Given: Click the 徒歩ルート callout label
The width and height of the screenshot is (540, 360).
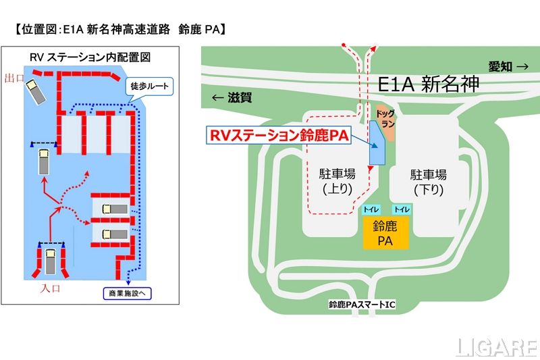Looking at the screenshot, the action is (149, 86).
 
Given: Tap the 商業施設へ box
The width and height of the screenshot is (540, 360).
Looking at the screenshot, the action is (128, 294).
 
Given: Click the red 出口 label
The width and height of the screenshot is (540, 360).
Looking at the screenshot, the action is (14, 78).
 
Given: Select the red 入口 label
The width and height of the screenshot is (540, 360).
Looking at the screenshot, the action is (50, 288).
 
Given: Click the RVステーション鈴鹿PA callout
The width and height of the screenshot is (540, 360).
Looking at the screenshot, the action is (278, 135).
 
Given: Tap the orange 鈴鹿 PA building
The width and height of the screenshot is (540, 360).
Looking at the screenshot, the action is (385, 232).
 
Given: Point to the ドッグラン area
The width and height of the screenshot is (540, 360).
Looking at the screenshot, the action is (385, 122).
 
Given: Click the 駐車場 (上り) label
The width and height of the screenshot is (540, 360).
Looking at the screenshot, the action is (337, 181).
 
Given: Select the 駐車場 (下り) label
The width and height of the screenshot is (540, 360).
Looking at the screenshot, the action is (429, 182).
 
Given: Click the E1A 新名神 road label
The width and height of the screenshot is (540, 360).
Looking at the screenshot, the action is (428, 84).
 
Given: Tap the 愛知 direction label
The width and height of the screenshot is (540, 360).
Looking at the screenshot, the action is (508, 66).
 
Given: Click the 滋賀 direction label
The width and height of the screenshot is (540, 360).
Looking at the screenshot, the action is (232, 97).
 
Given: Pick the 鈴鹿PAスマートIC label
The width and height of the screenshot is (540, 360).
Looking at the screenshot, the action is (362, 305).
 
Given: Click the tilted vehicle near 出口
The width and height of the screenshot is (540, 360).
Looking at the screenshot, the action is (36, 91).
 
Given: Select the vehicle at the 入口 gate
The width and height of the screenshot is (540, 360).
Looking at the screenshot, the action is (51, 261).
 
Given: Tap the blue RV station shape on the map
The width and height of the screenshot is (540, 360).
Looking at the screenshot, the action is (377, 143).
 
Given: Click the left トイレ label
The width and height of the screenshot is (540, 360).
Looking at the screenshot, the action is (371, 209).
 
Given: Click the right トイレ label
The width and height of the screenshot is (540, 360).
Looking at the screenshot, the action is (402, 209).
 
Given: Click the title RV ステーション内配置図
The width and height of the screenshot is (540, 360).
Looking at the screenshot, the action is (90, 57).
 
